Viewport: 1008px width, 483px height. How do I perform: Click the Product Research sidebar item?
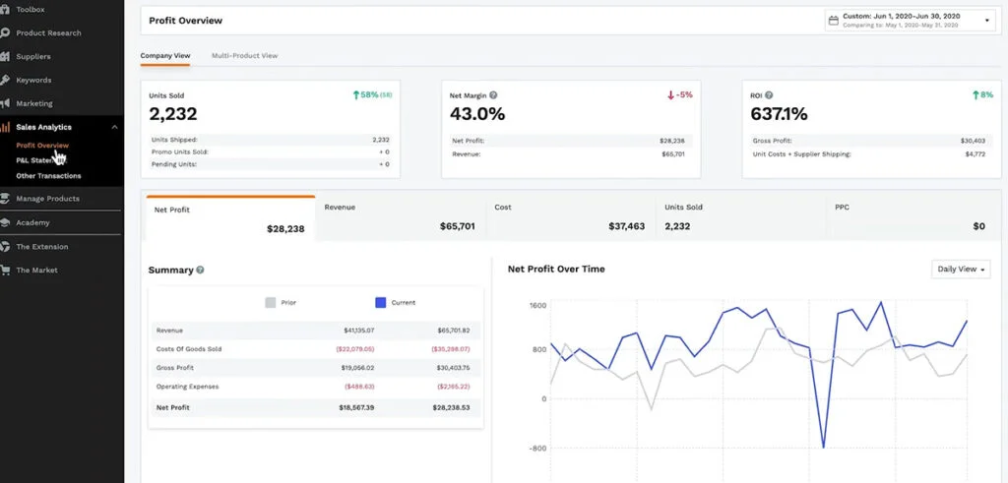click(x=48, y=32)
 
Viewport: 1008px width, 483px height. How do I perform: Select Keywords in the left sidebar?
click(x=33, y=80)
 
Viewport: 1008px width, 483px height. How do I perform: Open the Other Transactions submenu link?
click(x=48, y=176)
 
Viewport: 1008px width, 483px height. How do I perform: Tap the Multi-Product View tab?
click(x=244, y=56)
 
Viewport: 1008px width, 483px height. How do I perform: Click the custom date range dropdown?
click(x=909, y=20)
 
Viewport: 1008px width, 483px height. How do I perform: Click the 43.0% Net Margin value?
click(x=477, y=114)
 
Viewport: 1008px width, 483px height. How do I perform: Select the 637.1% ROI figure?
click(x=779, y=114)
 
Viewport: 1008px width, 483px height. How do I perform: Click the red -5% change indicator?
click(x=680, y=95)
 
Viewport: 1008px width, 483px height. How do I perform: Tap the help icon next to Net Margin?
click(x=493, y=95)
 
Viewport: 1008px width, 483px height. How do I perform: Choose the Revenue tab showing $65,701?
click(x=401, y=217)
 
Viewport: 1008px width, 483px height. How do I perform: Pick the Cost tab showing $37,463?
click(x=570, y=217)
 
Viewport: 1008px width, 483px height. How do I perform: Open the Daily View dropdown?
click(x=961, y=269)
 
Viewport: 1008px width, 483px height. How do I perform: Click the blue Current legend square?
click(x=380, y=303)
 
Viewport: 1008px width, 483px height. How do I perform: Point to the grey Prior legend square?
click(x=270, y=303)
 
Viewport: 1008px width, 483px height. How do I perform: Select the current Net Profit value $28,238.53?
click(x=450, y=406)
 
